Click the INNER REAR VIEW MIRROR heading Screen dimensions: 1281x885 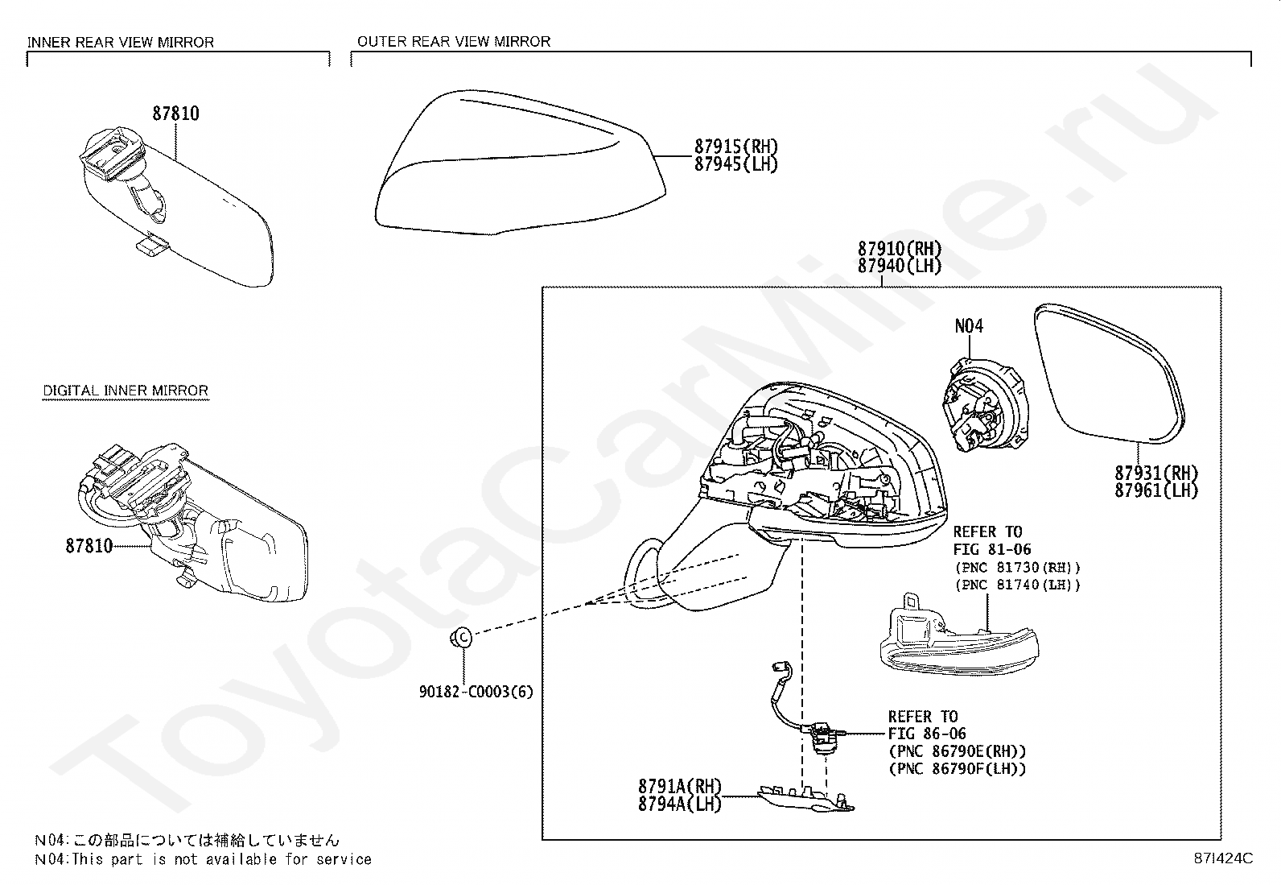click(121, 43)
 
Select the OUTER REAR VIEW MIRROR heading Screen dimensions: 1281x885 click(454, 42)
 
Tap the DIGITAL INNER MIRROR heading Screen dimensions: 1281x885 click(126, 391)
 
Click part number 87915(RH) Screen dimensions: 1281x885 click(736, 147)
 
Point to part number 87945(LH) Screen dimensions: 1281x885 click(736, 164)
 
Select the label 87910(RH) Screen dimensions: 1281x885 click(900, 249)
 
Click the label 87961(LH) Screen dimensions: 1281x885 click(1156, 490)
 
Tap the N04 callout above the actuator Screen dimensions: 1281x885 click(970, 325)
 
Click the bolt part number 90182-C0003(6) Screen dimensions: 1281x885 click(476, 692)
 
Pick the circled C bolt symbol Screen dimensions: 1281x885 click(463, 636)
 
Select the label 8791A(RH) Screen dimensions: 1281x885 click(680, 786)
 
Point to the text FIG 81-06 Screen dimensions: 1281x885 click(991, 549)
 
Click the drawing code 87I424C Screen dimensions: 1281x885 click(1223, 858)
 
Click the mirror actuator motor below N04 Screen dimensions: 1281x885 click(982, 403)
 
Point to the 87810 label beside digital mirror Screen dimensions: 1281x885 click(89, 546)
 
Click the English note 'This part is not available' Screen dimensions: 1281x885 click(221, 859)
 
